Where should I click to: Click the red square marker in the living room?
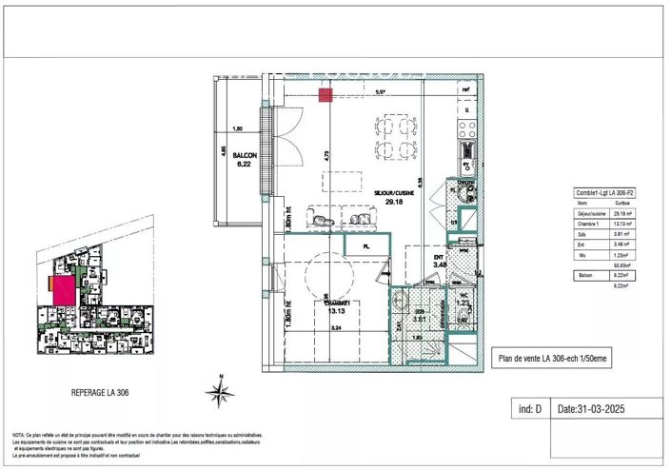[x=325, y=94]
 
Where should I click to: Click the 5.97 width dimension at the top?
[x=380, y=92]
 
